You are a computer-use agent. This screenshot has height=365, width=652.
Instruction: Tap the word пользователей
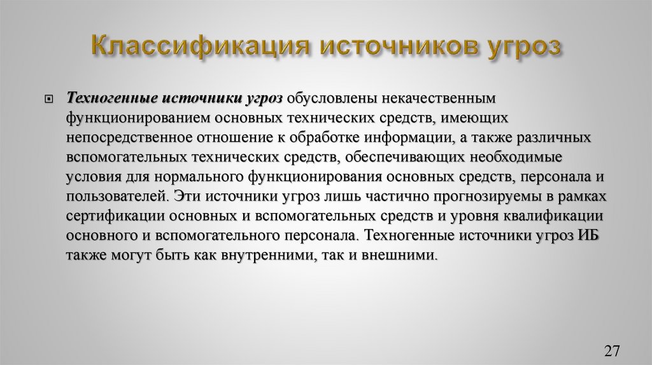coord(117,196)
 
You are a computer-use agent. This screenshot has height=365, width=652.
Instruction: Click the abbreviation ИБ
coord(589,235)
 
